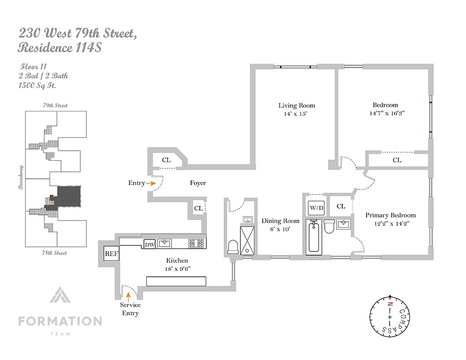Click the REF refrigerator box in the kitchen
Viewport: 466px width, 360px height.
pyautogui.click(x=112, y=254)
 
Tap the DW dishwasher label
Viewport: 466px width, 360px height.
pyautogui.click(x=149, y=244)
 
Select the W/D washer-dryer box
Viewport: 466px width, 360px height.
pyautogui.click(x=316, y=207)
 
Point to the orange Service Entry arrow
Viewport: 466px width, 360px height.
pyautogui.click(x=129, y=296)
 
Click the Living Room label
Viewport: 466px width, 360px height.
pyautogui.click(x=296, y=106)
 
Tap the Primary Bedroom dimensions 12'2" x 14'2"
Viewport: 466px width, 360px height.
pyautogui.click(x=390, y=223)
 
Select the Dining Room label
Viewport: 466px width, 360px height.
pyautogui.click(x=280, y=221)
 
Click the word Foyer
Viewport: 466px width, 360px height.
pyautogui.click(x=198, y=183)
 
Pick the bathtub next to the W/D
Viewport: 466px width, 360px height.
pyautogui.click(x=314, y=237)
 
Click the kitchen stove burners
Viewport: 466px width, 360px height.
pyautogui.click(x=197, y=243)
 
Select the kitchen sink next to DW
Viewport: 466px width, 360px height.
pyautogui.click(x=165, y=244)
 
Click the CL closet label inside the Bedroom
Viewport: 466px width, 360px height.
pyautogui.click(x=397, y=160)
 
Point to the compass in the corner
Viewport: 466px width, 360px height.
pyautogui.click(x=390, y=317)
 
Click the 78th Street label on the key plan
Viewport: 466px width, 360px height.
pyautogui.click(x=55, y=253)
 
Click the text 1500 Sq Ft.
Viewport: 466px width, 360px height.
pyautogui.click(x=38, y=85)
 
